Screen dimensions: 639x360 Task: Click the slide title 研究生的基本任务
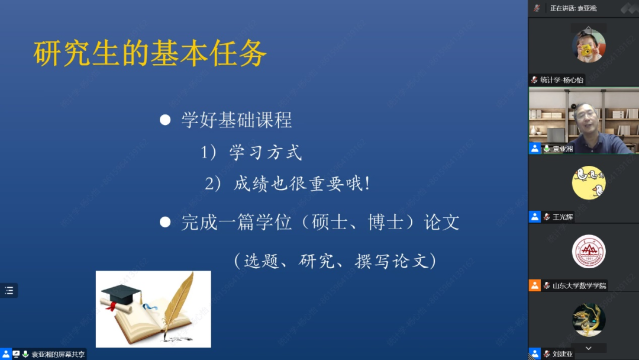tap(150, 53)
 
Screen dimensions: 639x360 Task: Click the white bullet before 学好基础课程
tap(165, 120)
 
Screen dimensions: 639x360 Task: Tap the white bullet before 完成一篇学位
tap(165, 222)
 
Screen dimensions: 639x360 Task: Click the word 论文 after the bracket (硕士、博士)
tap(442, 222)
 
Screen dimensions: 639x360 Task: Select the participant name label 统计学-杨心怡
tap(561, 80)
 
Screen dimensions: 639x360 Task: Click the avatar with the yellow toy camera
tap(589, 46)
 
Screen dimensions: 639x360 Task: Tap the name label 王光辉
tap(563, 217)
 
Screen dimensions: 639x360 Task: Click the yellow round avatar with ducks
tap(589, 182)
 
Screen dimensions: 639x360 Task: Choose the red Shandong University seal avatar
tap(589, 251)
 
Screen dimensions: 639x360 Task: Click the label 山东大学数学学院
tap(579, 285)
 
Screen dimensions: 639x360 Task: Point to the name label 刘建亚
tap(563, 354)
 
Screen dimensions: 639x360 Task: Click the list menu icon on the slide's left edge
tap(9, 290)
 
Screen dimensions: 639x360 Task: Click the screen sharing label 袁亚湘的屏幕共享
tap(58, 354)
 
